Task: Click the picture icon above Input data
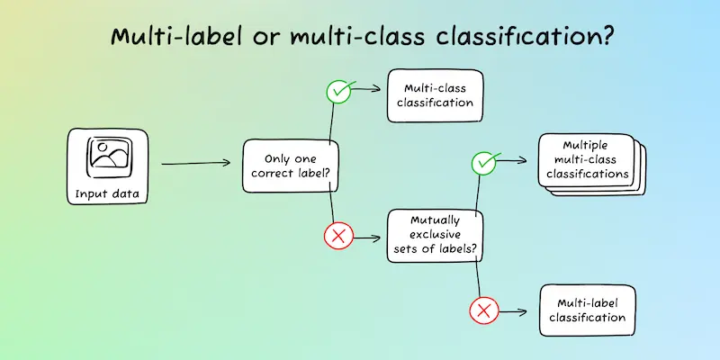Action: (109, 157)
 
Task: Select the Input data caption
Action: (107, 193)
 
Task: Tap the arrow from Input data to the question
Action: (195, 163)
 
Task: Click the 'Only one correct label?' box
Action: (291, 166)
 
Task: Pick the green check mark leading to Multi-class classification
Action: (339, 91)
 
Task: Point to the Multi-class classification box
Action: (435, 95)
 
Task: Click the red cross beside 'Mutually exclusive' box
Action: (338, 237)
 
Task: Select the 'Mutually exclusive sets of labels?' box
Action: (435, 236)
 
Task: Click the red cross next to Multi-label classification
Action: (484, 310)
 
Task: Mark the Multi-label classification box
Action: (588, 310)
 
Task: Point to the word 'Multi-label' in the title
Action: (176, 36)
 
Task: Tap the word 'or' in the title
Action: (266, 39)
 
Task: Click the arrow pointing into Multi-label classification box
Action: (513, 312)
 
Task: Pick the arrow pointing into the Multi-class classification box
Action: (367, 88)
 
